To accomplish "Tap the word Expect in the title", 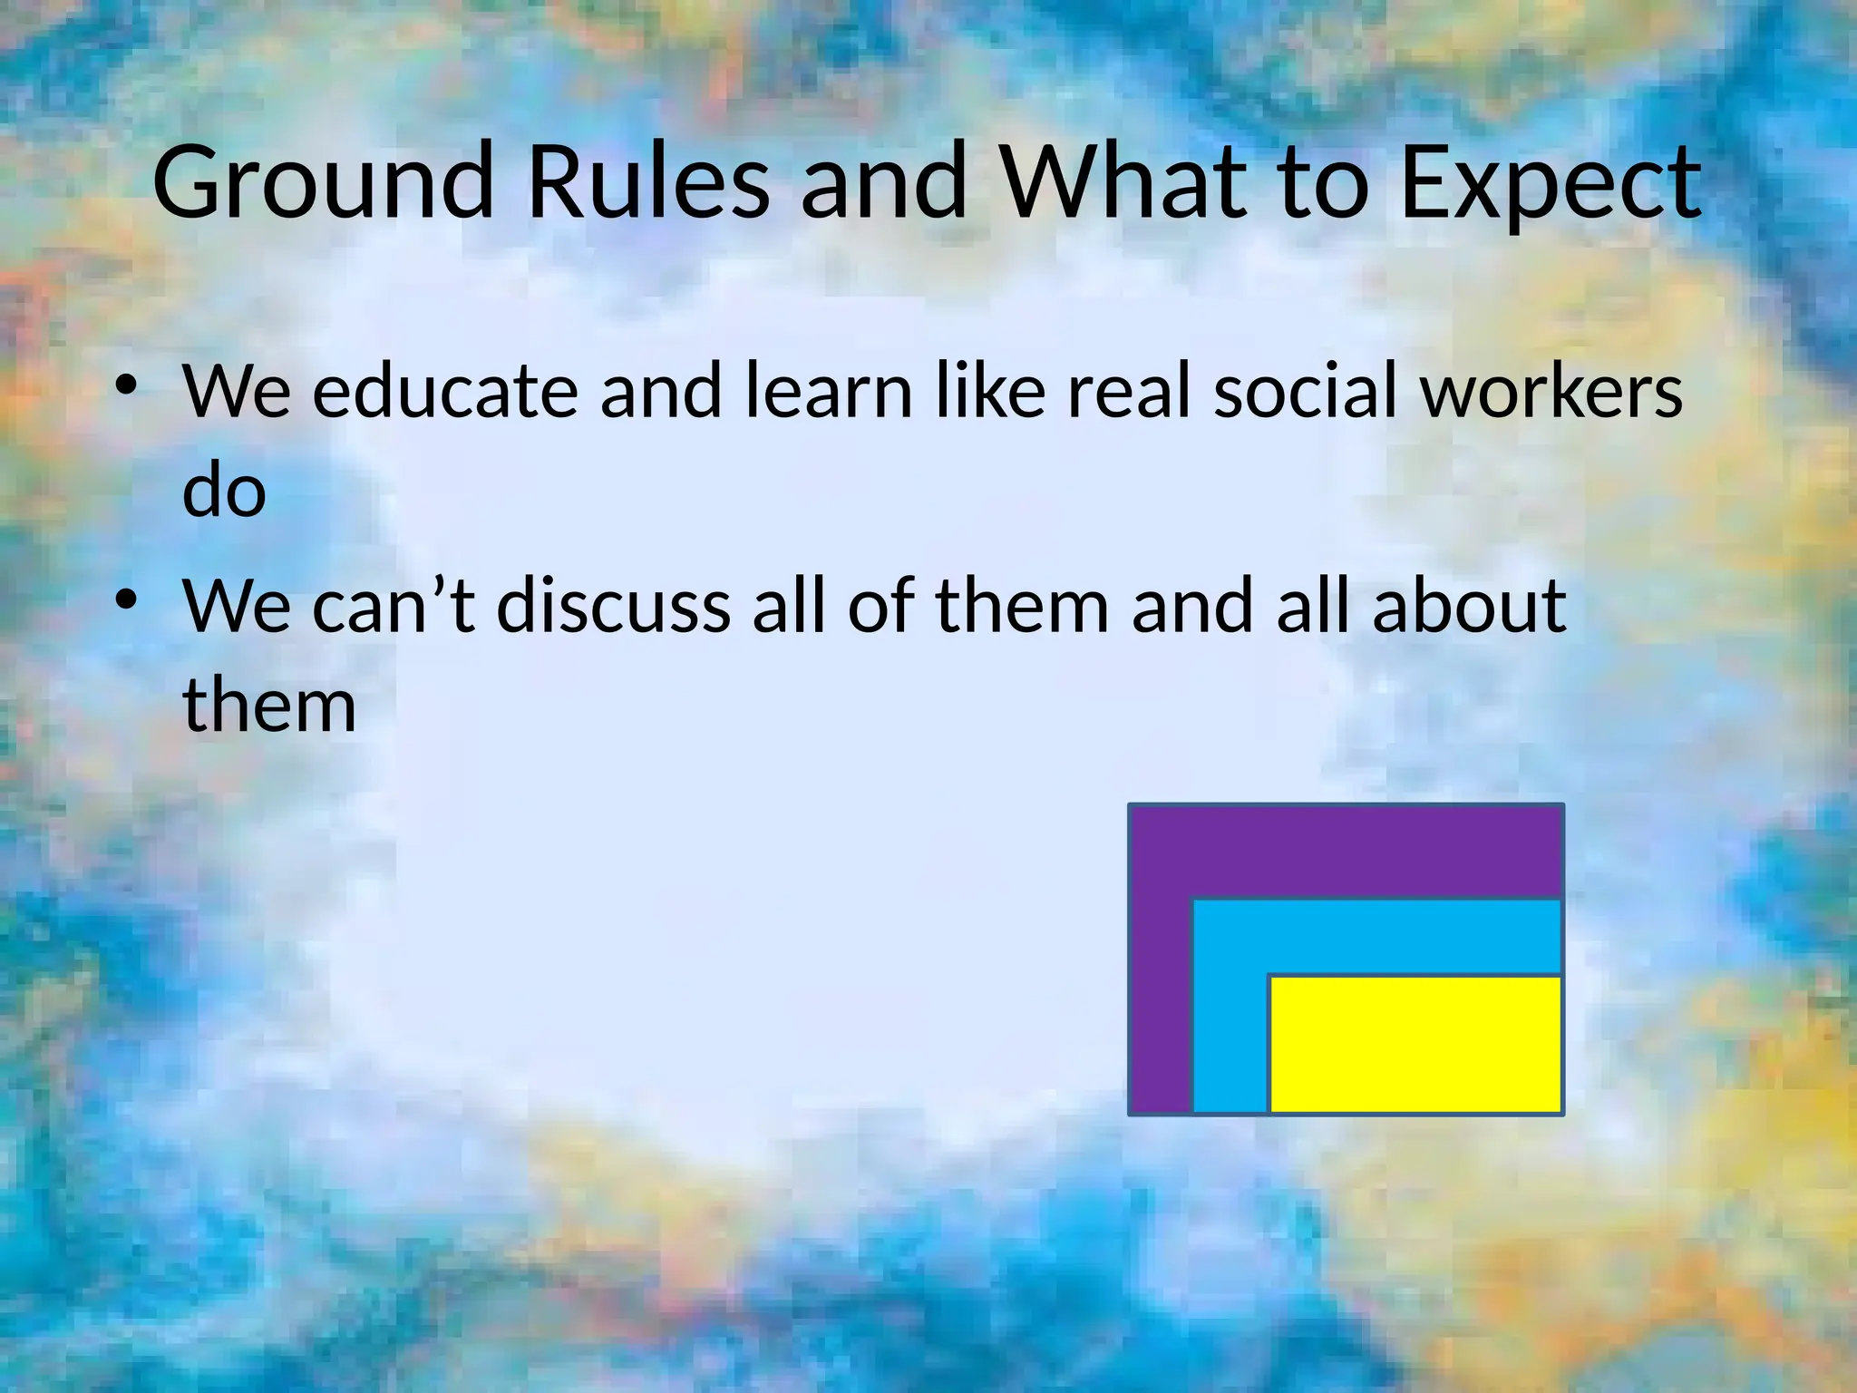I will pos(1551,184).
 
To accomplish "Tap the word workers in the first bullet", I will pos(1551,393).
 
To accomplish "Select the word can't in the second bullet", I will pos(394,605).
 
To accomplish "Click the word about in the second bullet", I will pos(1469,605).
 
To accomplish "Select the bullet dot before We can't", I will pos(127,601).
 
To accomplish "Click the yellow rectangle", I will pos(1415,1044).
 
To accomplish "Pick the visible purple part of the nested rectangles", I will pos(1342,850).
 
